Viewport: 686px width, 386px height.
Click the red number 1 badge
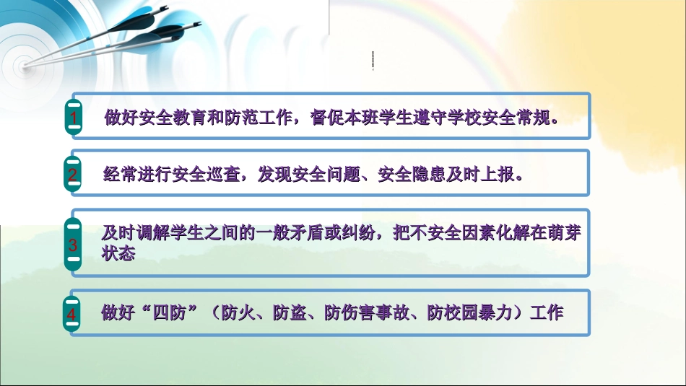tap(73, 116)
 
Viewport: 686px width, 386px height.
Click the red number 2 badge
tap(73, 174)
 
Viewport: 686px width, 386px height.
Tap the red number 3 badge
tap(73, 245)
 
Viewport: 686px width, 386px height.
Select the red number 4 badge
tap(72, 315)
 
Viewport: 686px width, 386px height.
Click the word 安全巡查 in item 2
tap(206, 174)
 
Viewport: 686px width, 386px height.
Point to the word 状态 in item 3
tap(118, 254)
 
